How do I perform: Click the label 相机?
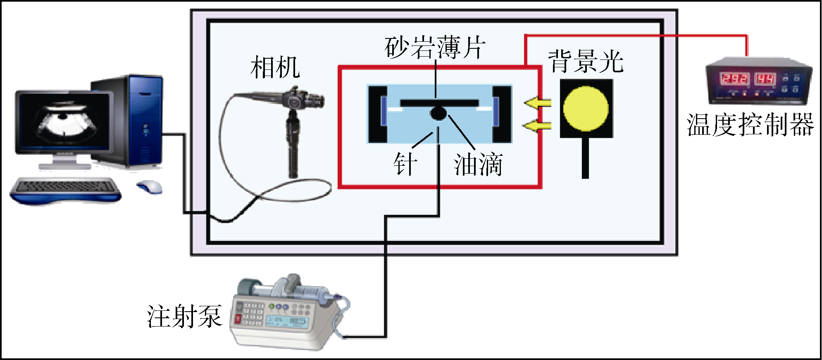(x=275, y=67)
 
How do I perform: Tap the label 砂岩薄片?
(x=434, y=48)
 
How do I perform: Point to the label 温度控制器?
(x=750, y=124)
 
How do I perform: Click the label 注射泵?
(x=184, y=316)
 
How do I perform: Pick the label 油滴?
(x=478, y=164)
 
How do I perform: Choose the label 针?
(x=405, y=164)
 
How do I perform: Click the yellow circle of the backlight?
(x=586, y=108)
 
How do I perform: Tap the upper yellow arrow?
(x=538, y=103)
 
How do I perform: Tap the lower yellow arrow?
(x=538, y=125)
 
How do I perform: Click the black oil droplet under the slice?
(x=438, y=113)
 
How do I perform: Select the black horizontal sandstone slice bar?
(x=440, y=103)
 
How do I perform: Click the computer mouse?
(x=150, y=187)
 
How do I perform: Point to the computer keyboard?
(x=66, y=188)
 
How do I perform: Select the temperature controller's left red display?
(x=734, y=79)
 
